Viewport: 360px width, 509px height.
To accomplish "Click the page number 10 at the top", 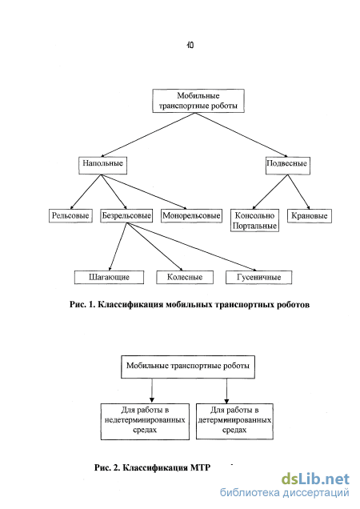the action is coord(190,45).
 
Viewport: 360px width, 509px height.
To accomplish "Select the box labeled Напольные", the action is coord(102,166).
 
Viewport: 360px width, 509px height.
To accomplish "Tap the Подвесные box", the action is coord(288,166).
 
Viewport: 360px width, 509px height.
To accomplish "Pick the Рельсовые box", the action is coord(70,216).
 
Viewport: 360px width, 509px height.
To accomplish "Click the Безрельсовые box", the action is coord(126,216).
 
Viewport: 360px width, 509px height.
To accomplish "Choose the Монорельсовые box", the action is coord(191,216).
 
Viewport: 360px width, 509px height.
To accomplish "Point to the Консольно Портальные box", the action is coord(254,220).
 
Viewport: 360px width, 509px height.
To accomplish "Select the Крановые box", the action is coord(310,216).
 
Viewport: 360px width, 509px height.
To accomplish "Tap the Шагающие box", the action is coord(109,277).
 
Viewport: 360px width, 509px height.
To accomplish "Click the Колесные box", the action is coord(185,277).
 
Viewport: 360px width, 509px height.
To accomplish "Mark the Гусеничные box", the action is coord(258,277).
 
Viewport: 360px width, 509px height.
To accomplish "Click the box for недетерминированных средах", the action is coord(145,422).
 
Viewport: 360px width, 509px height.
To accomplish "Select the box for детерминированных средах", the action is coord(234,421).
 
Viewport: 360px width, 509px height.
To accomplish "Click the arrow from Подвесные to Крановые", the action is coord(298,192).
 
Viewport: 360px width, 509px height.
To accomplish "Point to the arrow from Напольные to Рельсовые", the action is coord(86,192).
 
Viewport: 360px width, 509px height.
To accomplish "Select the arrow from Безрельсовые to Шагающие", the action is coord(118,246).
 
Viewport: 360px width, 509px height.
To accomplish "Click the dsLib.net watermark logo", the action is coord(315,479).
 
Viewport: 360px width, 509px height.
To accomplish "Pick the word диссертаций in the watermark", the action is coord(316,493).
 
